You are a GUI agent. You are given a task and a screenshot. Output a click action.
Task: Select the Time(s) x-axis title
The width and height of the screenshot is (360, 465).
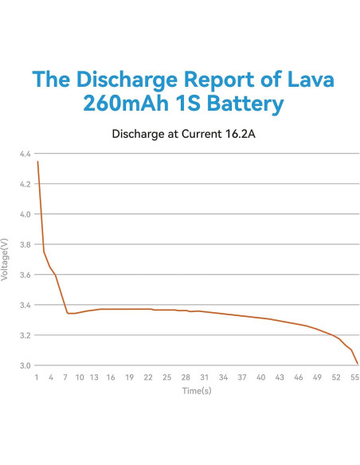(x=196, y=391)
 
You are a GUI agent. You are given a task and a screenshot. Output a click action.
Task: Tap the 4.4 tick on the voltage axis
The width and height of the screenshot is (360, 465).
(x=25, y=154)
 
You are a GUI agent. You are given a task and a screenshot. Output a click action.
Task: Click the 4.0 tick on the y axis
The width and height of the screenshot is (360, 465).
(x=25, y=214)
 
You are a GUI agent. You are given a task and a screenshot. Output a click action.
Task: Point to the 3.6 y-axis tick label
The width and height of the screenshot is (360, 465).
(x=25, y=275)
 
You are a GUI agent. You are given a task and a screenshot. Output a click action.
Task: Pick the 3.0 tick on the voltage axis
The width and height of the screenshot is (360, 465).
(x=25, y=365)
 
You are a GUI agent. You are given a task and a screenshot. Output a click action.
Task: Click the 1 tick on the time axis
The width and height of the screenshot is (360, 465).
(x=37, y=377)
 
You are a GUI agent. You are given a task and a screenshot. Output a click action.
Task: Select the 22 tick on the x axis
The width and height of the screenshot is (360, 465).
(x=148, y=377)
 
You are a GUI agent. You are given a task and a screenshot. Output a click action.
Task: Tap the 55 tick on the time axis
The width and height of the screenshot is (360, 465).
(x=355, y=377)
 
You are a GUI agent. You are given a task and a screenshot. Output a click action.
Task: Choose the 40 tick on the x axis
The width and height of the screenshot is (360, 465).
(x=260, y=377)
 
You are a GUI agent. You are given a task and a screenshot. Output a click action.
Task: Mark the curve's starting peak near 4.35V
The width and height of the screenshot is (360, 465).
(x=37, y=162)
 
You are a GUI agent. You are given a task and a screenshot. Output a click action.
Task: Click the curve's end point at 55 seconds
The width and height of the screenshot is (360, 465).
(x=357, y=364)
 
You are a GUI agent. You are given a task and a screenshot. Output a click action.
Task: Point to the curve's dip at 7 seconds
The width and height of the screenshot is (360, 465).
(x=68, y=313)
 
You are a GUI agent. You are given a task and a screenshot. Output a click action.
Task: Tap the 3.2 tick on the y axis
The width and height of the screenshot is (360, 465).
(x=25, y=335)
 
